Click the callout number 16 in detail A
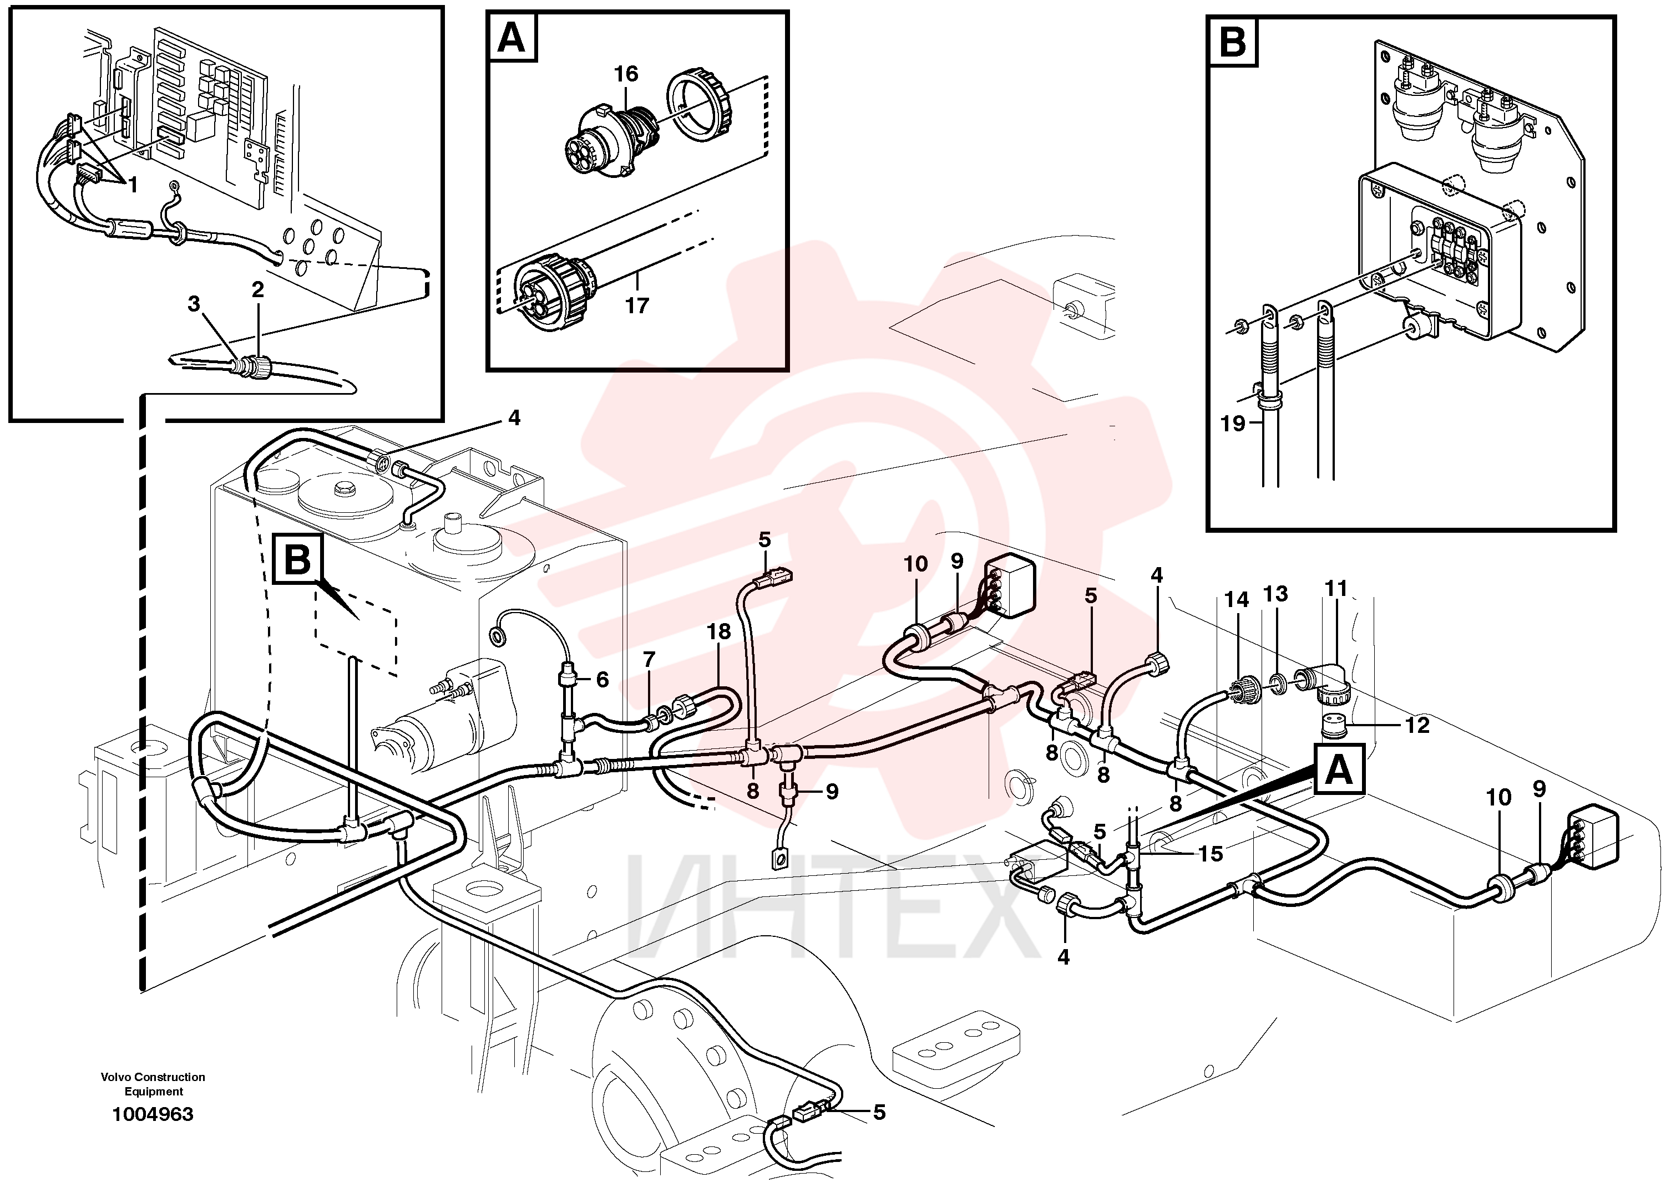[626, 74]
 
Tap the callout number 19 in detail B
[1233, 424]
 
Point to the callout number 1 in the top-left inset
[133, 185]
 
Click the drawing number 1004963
[153, 1114]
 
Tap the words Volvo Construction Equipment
[153, 1084]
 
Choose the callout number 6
[602, 679]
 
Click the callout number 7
[649, 660]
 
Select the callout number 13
[1275, 594]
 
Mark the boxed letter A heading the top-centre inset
[512, 38]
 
